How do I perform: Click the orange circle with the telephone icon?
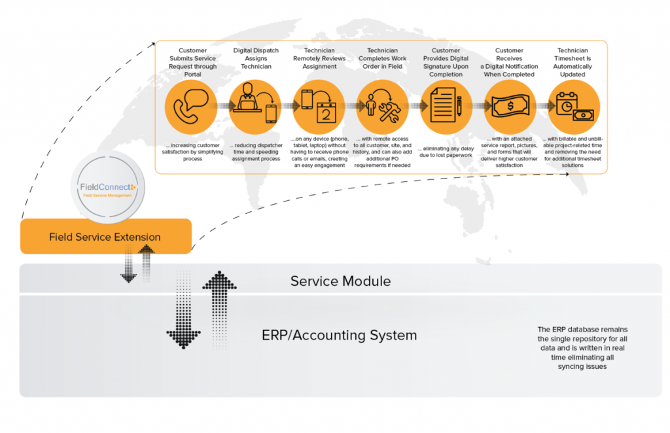click(x=191, y=106)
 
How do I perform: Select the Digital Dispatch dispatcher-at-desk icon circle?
click(x=255, y=106)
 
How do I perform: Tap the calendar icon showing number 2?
click(x=319, y=106)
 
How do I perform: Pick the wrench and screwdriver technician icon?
click(x=382, y=106)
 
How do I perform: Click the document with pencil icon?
click(x=446, y=106)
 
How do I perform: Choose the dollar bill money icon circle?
click(x=510, y=106)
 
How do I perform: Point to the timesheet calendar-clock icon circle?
click(x=573, y=106)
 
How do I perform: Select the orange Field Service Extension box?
click(x=105, y=237)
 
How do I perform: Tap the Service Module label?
click(x=340, y=281)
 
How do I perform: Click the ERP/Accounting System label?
click(x=339, y=336)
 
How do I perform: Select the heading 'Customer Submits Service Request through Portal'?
click(x=192, y=62)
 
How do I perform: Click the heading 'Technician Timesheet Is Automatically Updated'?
click(x=573, y=62)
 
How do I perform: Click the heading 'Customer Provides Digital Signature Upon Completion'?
click(x=446, y=62)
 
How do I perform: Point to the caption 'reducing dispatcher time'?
click(x=255, y=152)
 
